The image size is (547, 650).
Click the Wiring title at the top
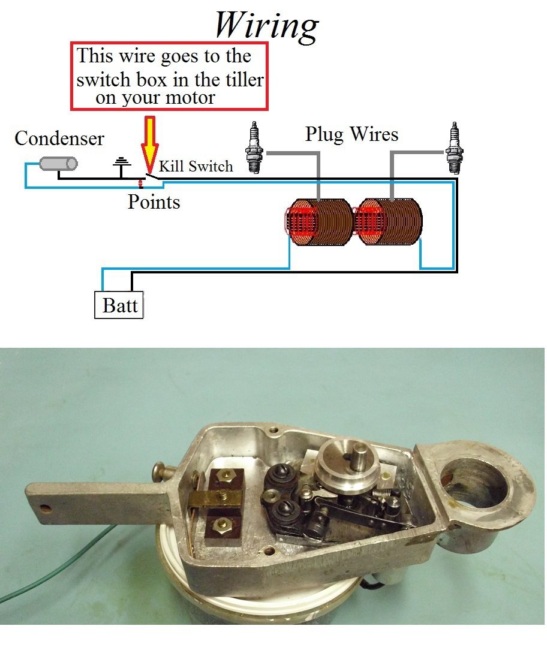[x=266, y=25]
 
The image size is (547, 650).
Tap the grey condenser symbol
[x=58, y=163]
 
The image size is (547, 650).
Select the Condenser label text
[x=59, y=139]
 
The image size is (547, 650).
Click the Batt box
[x=119, y=305]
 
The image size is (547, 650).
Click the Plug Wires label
[x=351, y=133]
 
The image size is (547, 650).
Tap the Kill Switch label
[x=196, y=166]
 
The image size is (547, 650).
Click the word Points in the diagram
[x=154, y=202]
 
